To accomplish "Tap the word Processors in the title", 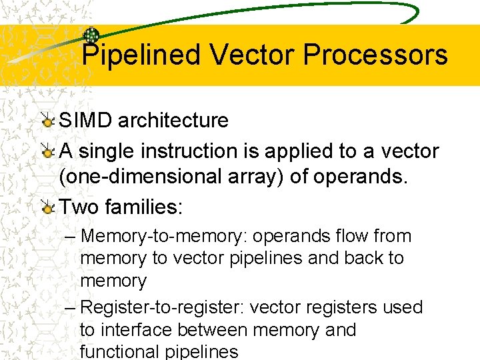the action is [375, 55].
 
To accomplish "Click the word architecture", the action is [173, 121].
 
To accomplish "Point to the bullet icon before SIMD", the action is [47, 121].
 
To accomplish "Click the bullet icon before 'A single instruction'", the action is [47, 151].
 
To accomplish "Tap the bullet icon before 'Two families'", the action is [47, 207].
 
